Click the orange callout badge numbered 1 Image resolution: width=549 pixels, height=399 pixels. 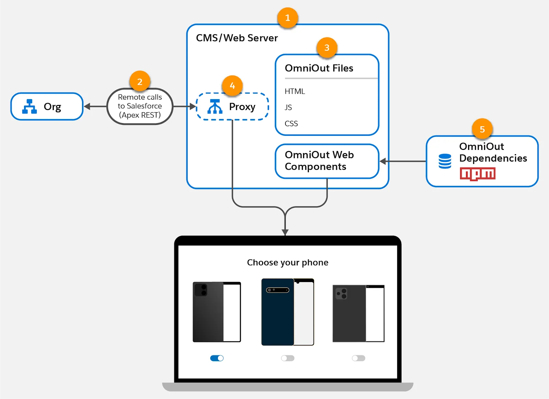tap(288, 18)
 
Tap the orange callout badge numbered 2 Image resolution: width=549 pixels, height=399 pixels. tap(140, 82)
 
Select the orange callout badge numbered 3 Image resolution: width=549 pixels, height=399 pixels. tap(327, 48)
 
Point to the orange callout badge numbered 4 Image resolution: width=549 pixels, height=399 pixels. tap(232, 86)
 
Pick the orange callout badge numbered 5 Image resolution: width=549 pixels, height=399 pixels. tap(482, 129)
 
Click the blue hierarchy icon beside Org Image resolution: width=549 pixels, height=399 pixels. tap(30, 106)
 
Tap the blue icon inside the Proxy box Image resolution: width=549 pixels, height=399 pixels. tap(215, 106)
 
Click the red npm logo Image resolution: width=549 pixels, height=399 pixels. tap(478, 174)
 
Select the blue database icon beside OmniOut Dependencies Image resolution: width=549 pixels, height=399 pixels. tap(445, 161)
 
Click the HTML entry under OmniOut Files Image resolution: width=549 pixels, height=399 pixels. tap(295, 91)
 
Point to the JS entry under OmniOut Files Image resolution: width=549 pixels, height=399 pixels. tap(288, 107)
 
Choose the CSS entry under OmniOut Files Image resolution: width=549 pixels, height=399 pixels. tap(291, 124)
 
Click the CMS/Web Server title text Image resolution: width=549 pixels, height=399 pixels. tap(237, 38)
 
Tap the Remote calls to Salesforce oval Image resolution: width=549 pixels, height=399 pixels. tap(140, 106)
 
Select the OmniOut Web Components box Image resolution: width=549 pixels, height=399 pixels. tap(327, 161)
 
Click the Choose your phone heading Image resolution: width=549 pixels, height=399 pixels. tap(288, 262)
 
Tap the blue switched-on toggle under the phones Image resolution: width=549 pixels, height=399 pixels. tap(217, 358)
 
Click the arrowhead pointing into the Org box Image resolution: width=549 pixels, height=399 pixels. tap(87, 106)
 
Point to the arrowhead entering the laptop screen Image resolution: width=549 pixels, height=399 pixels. tap(285, 232)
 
